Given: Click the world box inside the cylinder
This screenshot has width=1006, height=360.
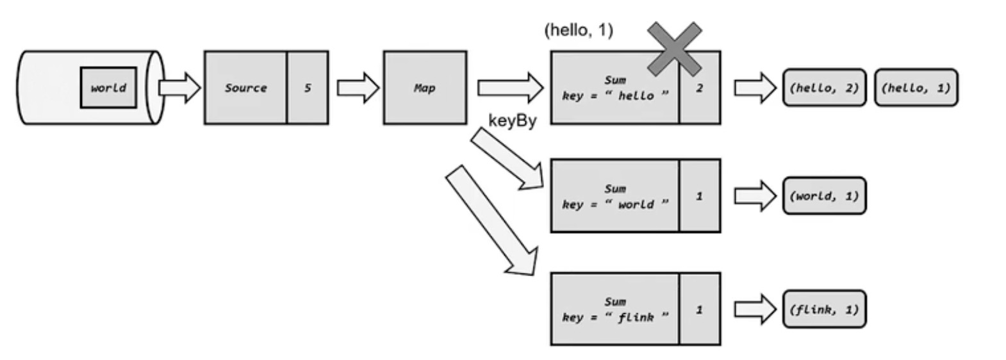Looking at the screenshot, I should coord(108,88).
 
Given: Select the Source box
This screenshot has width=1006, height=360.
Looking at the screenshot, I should coord(245,88).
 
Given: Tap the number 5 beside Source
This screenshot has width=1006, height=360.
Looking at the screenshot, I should coord(308,88).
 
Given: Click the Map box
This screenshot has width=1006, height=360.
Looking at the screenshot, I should coord(425,88).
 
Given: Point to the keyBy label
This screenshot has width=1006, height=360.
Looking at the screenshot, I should coord(512,121).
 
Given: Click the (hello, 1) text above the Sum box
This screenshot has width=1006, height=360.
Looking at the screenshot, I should coord(578,30).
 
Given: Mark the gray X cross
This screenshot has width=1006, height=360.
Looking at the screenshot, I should coord(674,48).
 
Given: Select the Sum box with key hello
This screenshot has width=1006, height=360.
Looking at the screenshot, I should coord(614,88).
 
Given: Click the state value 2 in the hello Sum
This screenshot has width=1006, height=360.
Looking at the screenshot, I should coord(699,88).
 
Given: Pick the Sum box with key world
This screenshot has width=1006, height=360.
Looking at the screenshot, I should coord(614,196).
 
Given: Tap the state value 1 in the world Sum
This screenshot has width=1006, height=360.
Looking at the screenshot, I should coord(699,196).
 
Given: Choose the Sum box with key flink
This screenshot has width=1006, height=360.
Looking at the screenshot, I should coord(614,309).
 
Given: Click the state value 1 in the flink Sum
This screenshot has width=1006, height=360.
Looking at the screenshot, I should coord(699,309).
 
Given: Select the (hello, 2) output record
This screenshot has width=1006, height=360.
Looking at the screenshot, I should coord(824,88).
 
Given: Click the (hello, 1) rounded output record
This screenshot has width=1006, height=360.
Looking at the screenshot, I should coord(916,88).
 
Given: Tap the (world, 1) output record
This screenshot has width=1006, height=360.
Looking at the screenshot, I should coord(824,196).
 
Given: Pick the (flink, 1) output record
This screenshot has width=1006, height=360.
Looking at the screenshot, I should coord(824,309).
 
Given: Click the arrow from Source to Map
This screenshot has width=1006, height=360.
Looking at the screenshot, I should coord(358,88).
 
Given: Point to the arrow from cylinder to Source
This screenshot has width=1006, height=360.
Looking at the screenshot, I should coord(179,88).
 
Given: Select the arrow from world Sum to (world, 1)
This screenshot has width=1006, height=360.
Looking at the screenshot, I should coord(755,196).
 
